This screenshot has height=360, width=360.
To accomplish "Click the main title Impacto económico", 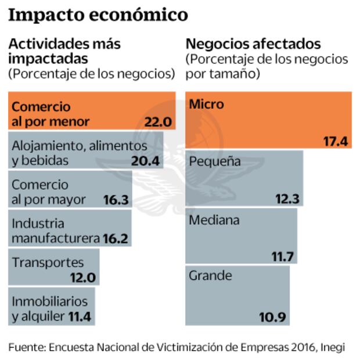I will (x=98, y=15).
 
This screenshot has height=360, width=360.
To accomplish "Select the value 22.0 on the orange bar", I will (x=158, y=123).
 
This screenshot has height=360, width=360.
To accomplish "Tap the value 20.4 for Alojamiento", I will (x=145, y=160).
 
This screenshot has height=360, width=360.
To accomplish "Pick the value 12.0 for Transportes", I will (x=82, y=277).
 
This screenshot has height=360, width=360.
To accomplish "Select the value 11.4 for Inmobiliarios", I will (x=79, y=317).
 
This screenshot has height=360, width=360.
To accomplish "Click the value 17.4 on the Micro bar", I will (x=334, y=142).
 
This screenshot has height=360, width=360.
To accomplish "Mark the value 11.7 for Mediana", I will (x=284, y=256).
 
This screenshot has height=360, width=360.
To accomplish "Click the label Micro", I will (x=206, y=105).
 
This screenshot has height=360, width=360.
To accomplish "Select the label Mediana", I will (x=214, y=220).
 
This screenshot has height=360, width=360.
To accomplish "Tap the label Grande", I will (x=210, y=275).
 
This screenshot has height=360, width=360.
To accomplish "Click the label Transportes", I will (x=48, y=263).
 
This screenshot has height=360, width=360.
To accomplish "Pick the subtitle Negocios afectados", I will (x=254, y=44).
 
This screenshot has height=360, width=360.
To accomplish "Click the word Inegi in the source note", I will (x=333, y=347).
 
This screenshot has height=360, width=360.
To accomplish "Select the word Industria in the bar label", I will (x=38, y=224).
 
